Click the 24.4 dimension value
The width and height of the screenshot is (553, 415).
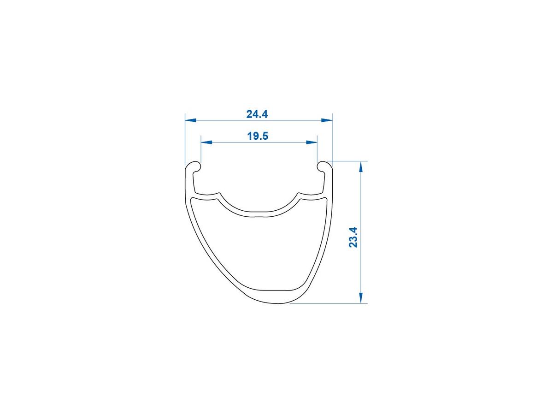[x=257, y=114]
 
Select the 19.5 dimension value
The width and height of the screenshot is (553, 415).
[x=258, y=136]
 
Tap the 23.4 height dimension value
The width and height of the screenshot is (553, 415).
[x=353, y=237]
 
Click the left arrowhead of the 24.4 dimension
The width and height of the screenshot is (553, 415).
[x=190, y=120]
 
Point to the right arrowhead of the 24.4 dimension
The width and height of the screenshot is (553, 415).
[x=327, y=120]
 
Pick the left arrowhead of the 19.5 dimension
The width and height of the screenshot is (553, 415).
[x=206, y=142]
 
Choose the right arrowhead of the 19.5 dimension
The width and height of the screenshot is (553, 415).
[x=312, y=142]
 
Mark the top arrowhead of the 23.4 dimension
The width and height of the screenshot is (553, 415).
[x=361, y=166]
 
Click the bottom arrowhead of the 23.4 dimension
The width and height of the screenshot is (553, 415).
[x=361, y=298]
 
